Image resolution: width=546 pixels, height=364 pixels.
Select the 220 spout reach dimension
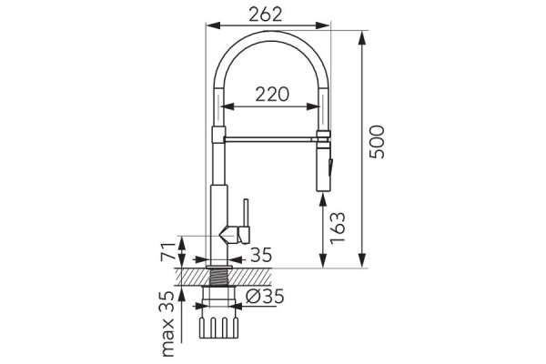[270, 94]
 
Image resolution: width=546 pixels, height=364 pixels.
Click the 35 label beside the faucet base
[261, 256]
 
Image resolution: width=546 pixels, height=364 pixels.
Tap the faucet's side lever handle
[242, 224]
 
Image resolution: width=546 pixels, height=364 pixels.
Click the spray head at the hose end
[323, 166]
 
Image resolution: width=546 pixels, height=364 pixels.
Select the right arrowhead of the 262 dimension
[328, 28]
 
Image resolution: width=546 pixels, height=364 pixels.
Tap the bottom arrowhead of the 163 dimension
[323, 266]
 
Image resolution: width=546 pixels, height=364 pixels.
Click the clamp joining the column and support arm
[217, 137]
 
